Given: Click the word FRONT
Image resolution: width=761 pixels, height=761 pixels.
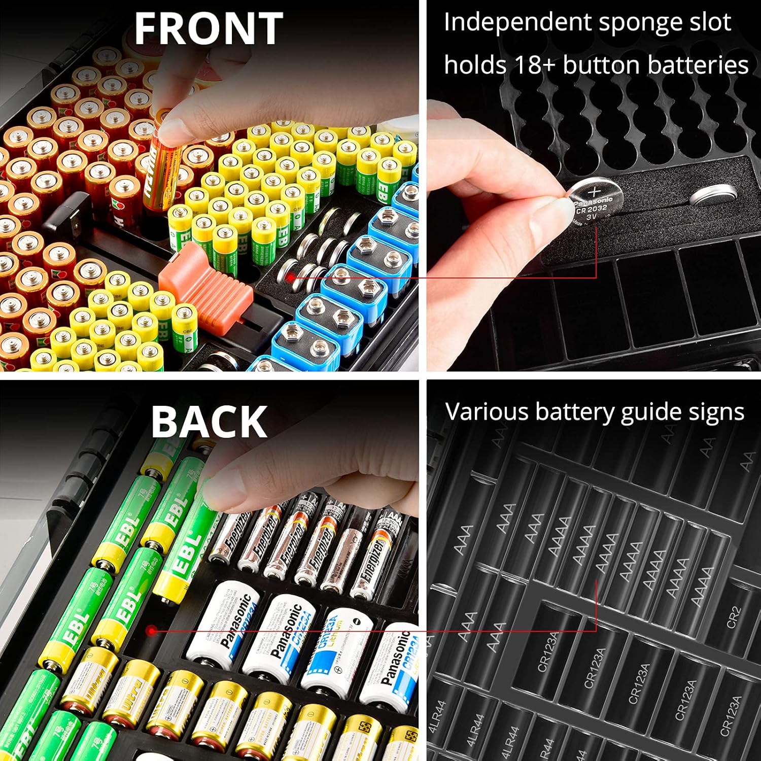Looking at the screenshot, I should pos(208,29).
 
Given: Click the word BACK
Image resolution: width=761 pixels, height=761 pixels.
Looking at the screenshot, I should pos(209,422).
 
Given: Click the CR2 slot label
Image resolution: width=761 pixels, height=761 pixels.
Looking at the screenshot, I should pos(734,617).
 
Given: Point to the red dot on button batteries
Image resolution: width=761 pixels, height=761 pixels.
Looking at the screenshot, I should pos(290,277).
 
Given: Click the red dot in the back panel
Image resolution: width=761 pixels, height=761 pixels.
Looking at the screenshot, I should pos(151,630).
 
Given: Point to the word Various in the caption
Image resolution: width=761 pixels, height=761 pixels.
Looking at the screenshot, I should pos(487,412).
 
